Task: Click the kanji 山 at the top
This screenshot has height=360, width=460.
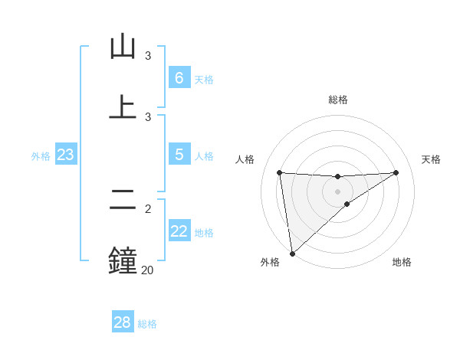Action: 123,47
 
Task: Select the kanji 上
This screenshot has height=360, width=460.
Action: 123,107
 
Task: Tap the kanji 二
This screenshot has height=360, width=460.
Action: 123,201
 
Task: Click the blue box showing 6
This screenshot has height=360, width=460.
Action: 179,78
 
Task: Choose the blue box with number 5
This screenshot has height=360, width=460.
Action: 179,155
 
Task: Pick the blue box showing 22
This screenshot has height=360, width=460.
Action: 179,231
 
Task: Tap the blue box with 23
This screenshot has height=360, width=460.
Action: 65,155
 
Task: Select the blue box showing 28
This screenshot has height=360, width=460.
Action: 122,322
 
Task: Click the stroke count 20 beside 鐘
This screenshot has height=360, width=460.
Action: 147,270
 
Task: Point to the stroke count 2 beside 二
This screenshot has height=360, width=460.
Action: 148,208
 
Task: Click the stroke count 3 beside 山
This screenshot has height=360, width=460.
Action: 148,56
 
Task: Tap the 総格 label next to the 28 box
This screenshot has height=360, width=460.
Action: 148,324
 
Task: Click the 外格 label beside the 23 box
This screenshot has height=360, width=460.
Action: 41,156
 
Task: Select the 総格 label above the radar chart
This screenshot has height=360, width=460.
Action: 338,100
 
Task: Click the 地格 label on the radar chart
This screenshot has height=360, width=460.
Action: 402,263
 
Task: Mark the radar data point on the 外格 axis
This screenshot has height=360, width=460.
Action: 292,253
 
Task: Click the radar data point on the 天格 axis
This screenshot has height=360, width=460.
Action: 396,172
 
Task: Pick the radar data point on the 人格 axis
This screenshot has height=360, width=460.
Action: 280,172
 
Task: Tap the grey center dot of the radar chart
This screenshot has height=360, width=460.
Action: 338,191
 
